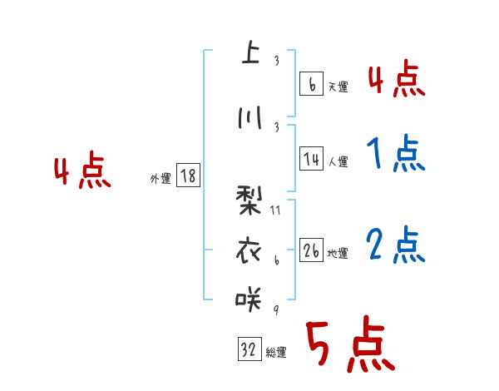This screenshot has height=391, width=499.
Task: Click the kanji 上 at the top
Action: click(249, 53)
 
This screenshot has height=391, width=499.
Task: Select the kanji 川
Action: click(249, 118)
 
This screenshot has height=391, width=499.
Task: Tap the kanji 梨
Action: click(249, 200)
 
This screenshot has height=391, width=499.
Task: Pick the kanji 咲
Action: click(249, 297)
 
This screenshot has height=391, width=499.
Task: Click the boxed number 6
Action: click(311, 84)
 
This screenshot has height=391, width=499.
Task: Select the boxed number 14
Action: click(311, 159)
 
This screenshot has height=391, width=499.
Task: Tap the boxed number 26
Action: click(311, 251)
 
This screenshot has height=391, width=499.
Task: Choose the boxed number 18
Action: click(188, 176)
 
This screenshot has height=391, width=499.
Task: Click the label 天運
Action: click(338, 87)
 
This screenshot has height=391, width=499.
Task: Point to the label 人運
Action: click(338, 161)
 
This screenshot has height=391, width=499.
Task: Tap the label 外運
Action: click(160, 178)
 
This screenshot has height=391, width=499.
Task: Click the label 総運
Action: click(276, 353)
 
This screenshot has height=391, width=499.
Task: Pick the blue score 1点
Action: click(394, 153)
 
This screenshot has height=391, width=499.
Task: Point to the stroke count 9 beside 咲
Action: click(274, 309)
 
